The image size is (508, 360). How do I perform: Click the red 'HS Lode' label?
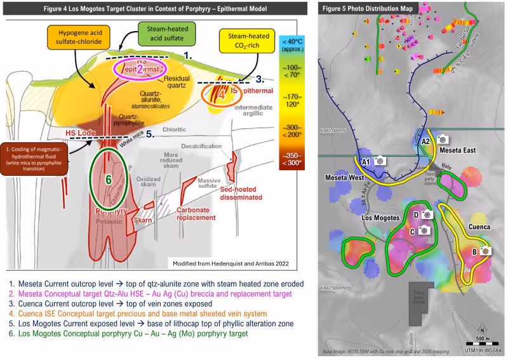point(79,133)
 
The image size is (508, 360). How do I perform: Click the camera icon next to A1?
point(380,161)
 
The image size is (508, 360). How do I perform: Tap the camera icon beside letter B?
point(486,251)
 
